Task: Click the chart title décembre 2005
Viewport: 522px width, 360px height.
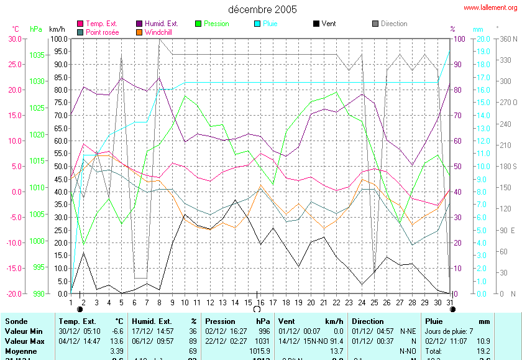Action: (262, 9)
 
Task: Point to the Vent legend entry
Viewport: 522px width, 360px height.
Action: (328, 24)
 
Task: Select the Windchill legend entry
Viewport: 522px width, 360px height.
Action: (158, 32)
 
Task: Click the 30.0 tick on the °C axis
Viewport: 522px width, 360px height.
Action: (14, 39)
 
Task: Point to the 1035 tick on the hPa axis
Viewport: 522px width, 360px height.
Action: (37, 55)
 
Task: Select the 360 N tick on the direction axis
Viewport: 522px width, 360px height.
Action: (508, 39)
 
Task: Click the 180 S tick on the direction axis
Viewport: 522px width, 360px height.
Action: (508, 166)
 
